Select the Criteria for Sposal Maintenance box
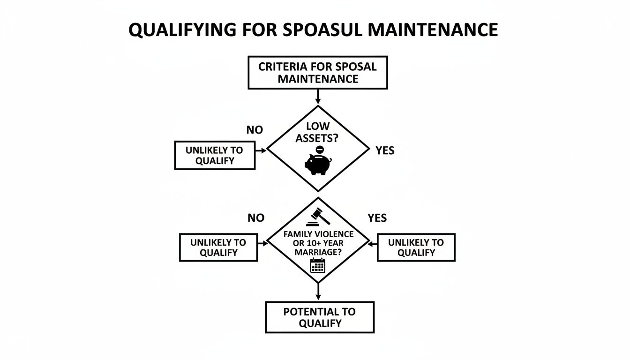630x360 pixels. (x=317, y=73)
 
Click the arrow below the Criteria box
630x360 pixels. (x=318, y=97)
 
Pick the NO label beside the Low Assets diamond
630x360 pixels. (x=255, y=130)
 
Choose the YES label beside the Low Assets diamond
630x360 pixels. (x=385, y=151)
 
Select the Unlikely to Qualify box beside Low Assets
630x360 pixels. (x=214, y=156)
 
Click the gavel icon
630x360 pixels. (x=318, y=217)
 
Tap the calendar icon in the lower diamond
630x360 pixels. (x=317, y=266)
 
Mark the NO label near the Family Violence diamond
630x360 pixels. (x=255, y=218)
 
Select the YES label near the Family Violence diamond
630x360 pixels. (x=377, y=218)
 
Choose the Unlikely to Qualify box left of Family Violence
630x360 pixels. (x=218, y=247)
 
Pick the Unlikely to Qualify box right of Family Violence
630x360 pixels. (x=416, y=247)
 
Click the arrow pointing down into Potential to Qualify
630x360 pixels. (x=318, y=292)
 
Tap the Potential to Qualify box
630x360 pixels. (x=320, y=317)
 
